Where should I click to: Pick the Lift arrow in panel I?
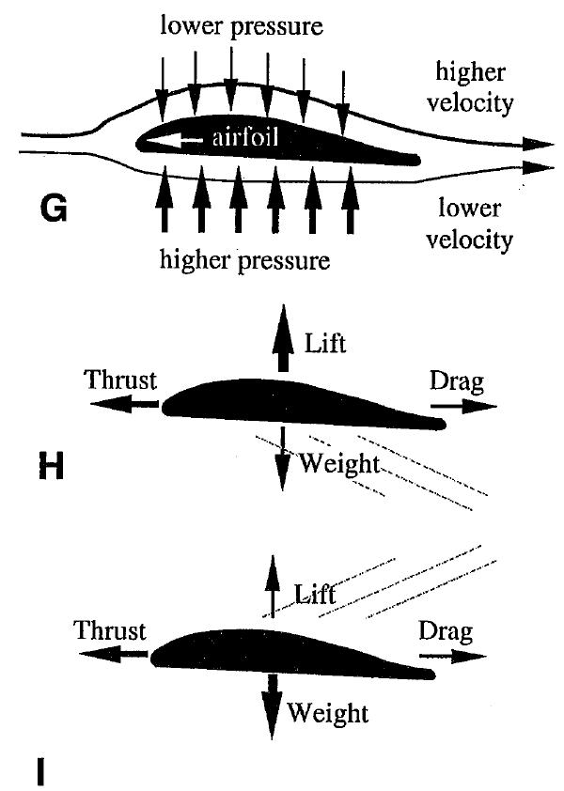coord(273,587)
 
